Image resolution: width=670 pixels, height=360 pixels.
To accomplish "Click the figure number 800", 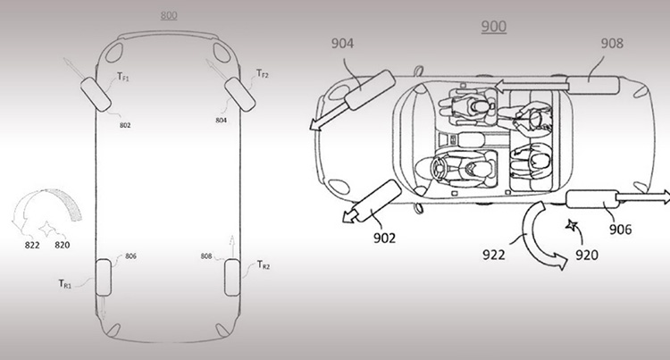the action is click(169, 16).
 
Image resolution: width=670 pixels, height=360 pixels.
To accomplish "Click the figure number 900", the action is click(493, 27).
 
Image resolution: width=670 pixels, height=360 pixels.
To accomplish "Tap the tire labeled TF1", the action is click(96, 95).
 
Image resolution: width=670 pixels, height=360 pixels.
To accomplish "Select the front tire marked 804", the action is click(239, 95).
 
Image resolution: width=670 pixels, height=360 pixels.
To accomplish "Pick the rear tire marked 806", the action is click(104, 278).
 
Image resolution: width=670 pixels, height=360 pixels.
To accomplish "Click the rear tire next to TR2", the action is click(232, 278).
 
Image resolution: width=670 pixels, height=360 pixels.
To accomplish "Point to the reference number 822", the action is click(32, 245).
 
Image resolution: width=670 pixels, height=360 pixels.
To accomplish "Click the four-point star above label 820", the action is click(47, 229).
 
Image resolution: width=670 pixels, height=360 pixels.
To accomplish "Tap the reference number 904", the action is click(342, 44).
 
